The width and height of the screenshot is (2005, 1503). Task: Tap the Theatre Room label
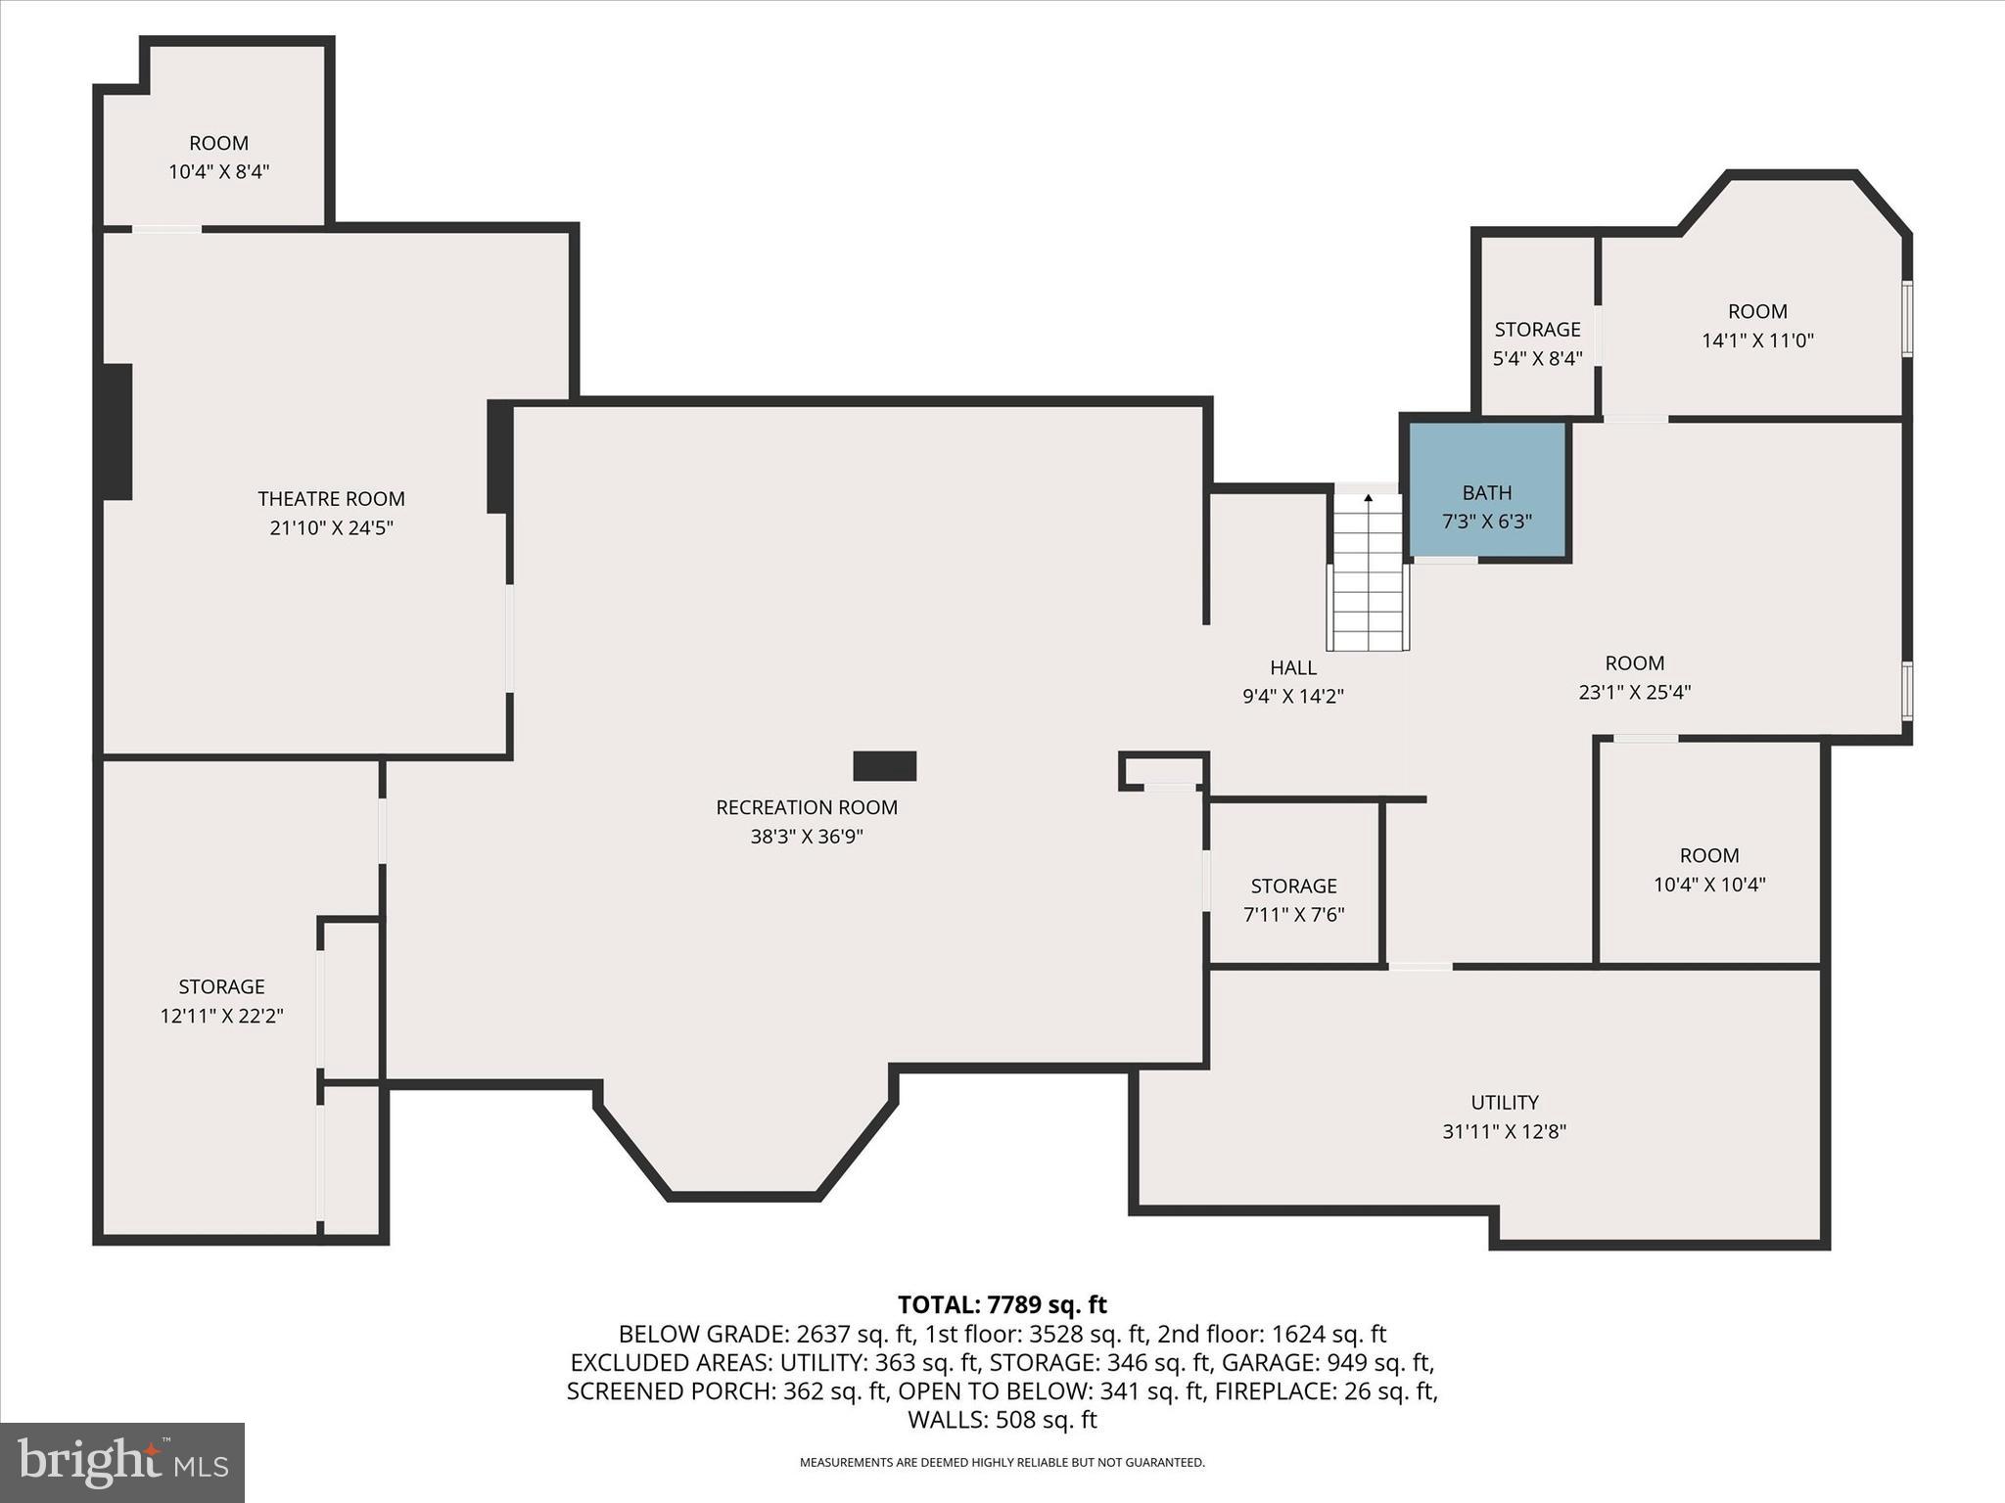[x=331, y=499]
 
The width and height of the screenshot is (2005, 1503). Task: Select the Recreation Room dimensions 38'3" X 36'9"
[x=807, y=837]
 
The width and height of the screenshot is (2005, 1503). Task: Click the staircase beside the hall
[x=1368, y=577]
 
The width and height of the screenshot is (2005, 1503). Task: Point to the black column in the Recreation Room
[x=884, y=766]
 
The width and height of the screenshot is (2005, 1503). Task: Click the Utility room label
[x=1504, y=1103]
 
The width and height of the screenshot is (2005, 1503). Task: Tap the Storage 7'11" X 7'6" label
[x=1293, y=887]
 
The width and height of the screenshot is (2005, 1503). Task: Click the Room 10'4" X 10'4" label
[x=1709, y=856]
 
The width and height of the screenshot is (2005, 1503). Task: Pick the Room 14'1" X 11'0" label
[x=1757, y=312]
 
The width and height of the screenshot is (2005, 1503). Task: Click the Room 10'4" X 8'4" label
[x=218, y=144]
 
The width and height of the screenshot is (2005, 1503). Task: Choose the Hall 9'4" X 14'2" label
[x=1292, y=668]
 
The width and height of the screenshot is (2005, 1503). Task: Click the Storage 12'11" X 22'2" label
[x=221, y=987]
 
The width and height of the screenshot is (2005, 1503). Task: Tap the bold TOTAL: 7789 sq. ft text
[x=1002, y=1304]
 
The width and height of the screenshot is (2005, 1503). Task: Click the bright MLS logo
[x=122, y=1462]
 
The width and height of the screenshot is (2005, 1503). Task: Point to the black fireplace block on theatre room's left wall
[x=116, y=432]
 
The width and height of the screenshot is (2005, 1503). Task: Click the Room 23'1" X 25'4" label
[x=1634, y=663]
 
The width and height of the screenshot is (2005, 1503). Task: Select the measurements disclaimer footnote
[x=1002, y=1463]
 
